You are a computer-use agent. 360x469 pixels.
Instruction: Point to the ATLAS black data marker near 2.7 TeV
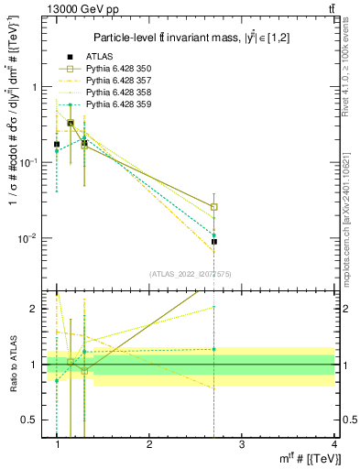click(213, 242)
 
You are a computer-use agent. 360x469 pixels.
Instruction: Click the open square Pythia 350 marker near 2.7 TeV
click(213, 207)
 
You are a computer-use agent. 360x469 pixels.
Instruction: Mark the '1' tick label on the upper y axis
click(36, 87)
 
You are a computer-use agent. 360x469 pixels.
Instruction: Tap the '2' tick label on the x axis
click(149, 443)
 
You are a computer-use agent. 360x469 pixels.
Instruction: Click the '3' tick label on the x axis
click(241, 443)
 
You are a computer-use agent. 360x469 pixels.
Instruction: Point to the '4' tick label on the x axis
click(333, 443)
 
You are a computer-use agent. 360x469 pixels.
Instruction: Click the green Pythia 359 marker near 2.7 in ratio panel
click(213, 349)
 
